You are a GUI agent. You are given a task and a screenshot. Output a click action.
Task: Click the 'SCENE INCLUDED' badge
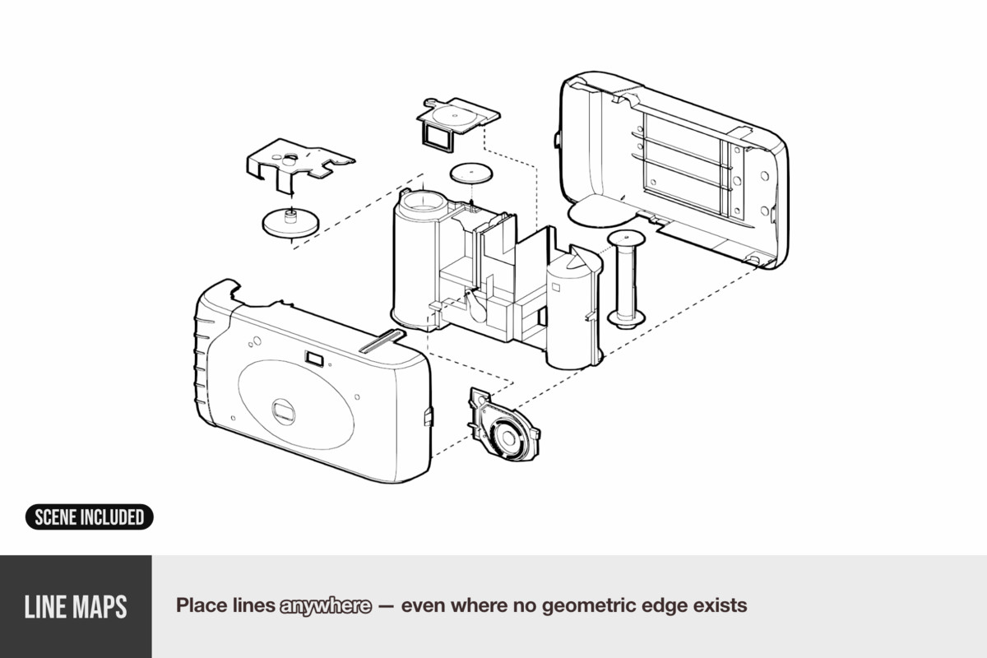89,517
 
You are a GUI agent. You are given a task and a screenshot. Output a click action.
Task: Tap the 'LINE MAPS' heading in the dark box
76,607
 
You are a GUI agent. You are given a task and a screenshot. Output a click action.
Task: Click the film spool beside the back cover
626,280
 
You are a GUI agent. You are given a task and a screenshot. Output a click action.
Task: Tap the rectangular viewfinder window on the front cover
313,357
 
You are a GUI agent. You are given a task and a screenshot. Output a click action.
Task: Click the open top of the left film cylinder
424,200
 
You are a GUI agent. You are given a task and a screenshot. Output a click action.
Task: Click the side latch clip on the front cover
427,415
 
